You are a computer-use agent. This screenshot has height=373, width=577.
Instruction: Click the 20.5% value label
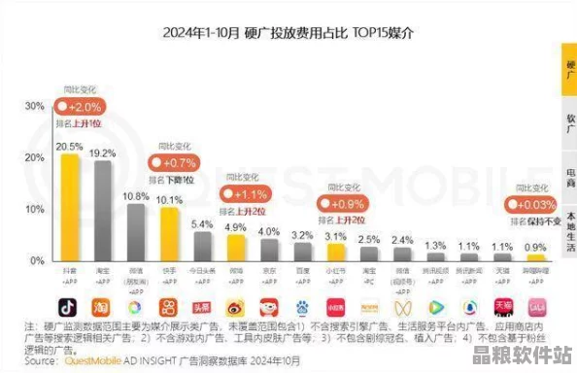(68, 147)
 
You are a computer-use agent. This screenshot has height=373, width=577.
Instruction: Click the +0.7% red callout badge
(176, 161)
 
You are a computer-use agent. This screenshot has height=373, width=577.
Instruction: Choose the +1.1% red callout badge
(250, 193)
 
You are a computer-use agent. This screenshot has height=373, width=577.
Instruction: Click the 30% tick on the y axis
(34, 106)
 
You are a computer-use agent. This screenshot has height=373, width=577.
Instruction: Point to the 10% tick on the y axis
(34, 210)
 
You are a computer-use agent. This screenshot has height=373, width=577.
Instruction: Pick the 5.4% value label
(202, 223)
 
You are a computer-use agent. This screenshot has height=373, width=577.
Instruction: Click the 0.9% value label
(535, 247)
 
